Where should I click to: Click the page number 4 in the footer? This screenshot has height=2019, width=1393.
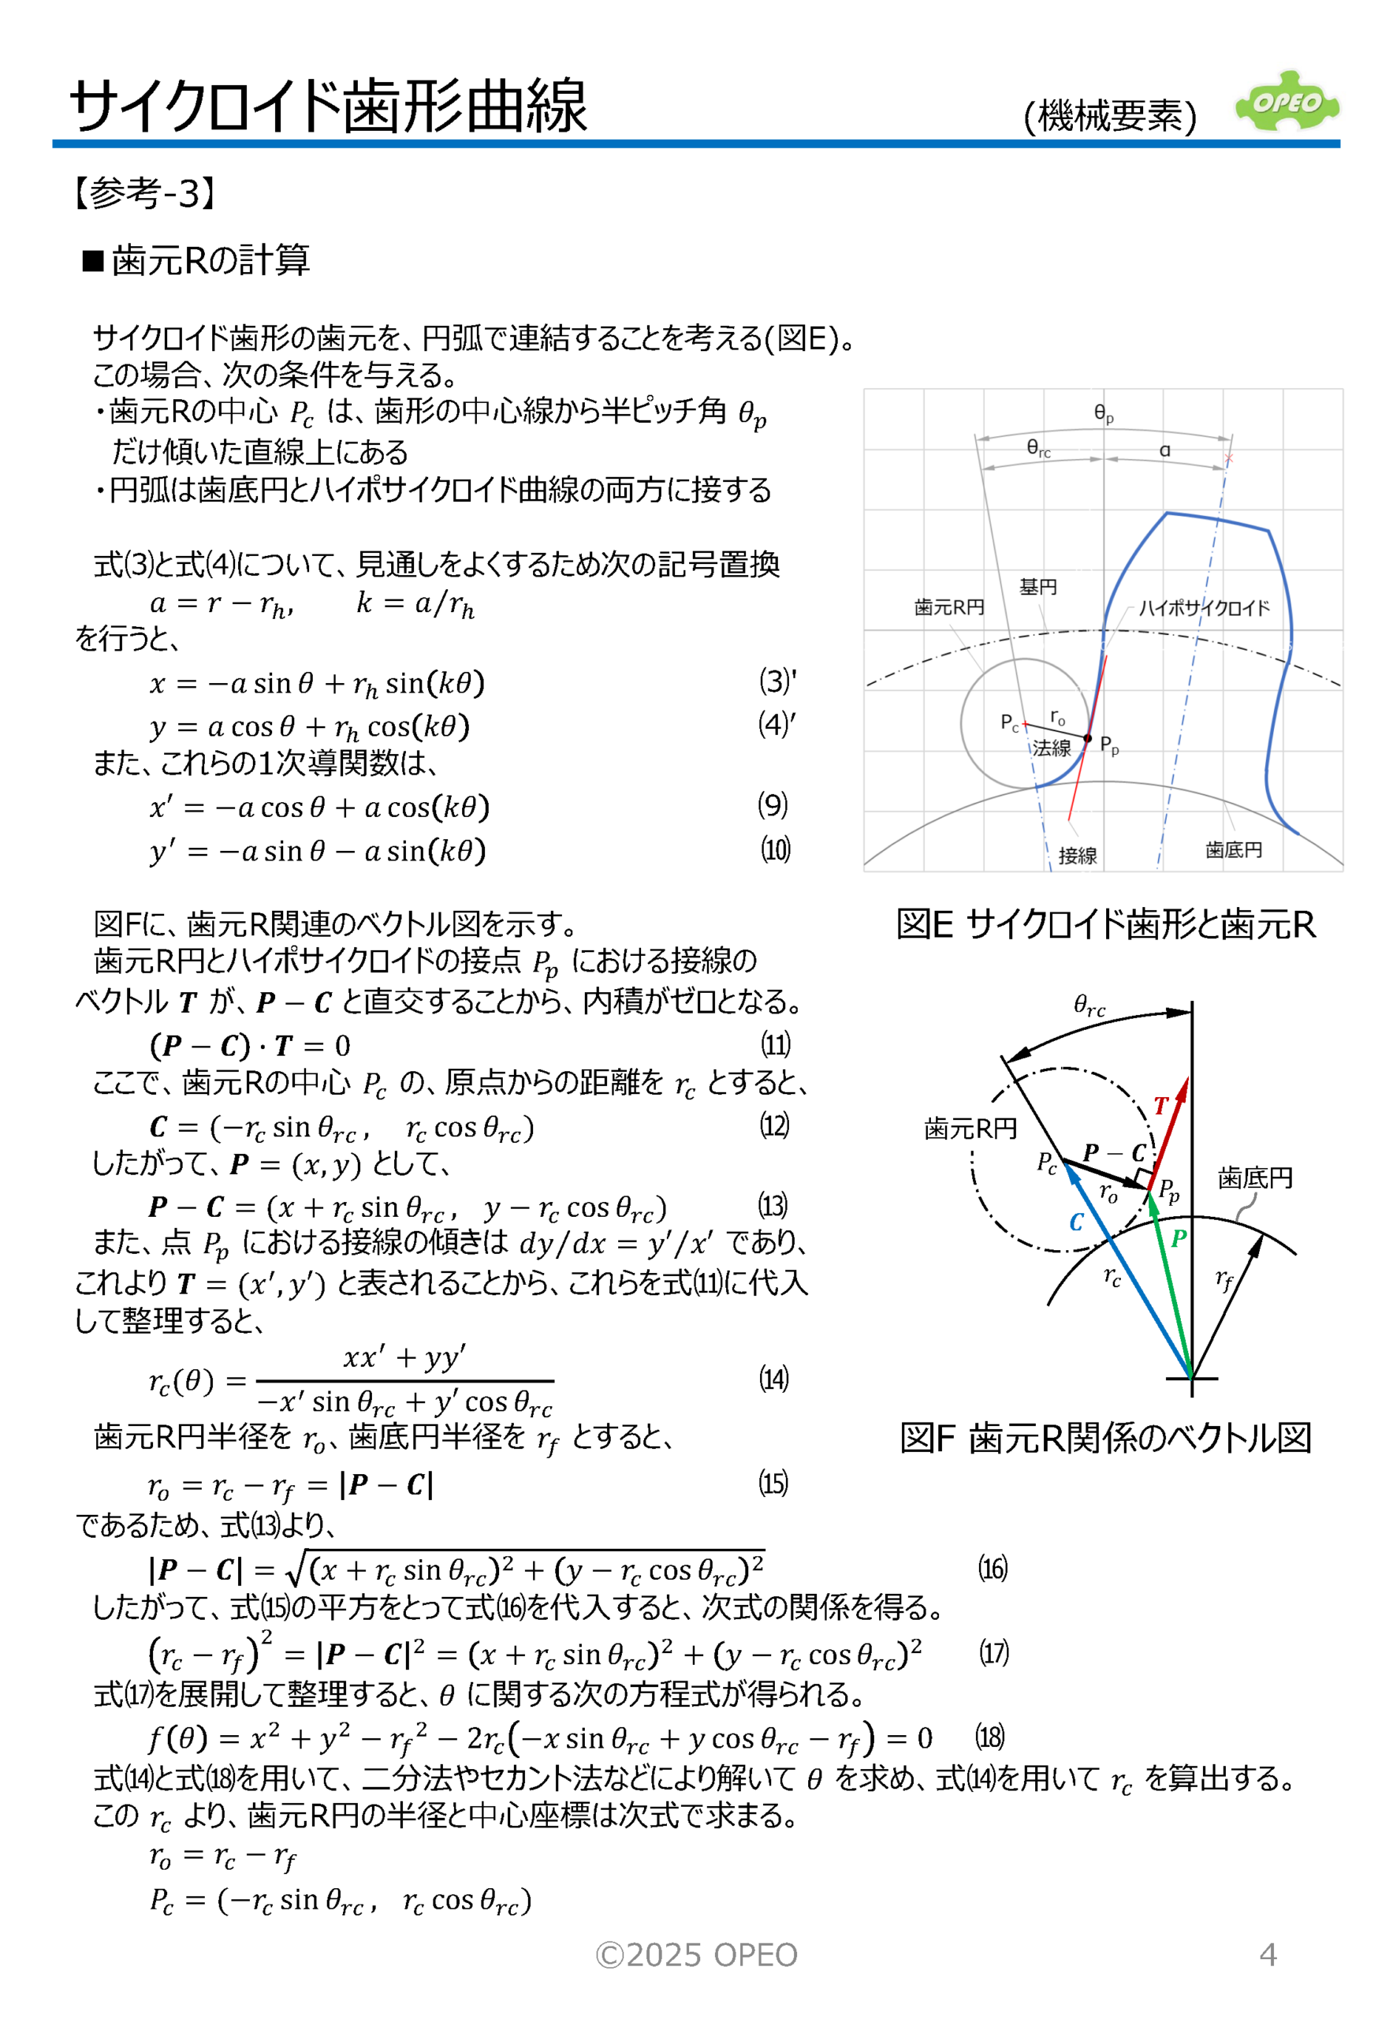[x=1268, y=1954]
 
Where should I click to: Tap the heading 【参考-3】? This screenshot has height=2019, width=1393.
[x=145, y=193]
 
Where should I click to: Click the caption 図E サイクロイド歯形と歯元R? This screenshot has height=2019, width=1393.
[x=1105, y=924]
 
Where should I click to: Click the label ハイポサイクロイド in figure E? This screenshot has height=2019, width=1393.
[x=1204, y=608]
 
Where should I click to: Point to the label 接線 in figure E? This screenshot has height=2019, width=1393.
[x=1077, y=856]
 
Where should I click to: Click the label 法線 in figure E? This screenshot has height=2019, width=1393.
[x=1052, y=748]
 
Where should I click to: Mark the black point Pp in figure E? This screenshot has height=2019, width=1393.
[x=1088, y=739]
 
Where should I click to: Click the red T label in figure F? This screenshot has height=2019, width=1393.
[x=1160, y=1106]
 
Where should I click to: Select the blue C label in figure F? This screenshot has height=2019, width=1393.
[x=1076, y=1222]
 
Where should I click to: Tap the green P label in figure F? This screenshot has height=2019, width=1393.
[x=1179, y=1237]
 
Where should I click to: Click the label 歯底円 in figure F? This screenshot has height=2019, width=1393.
[x=1255, y=1178]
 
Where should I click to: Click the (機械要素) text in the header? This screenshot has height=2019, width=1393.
[x=1109, y=116]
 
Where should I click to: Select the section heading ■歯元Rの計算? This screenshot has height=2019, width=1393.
[x=196, y=260]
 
